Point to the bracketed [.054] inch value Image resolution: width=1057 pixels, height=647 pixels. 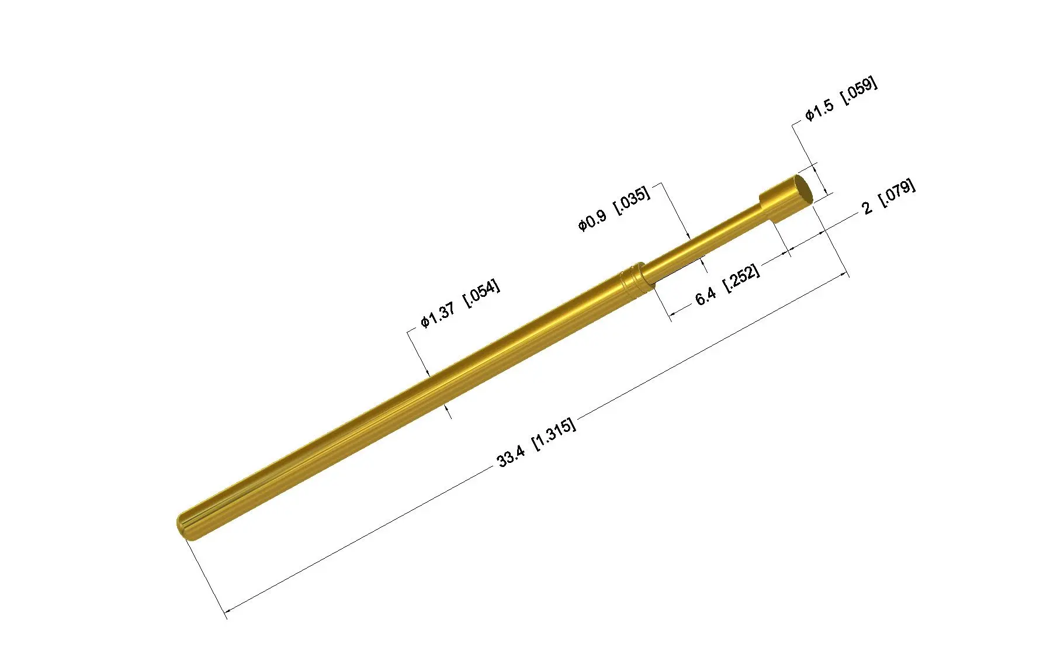(481, 293)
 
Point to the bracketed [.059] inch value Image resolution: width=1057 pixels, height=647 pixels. (858, 91)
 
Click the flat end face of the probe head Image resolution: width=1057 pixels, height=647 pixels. (803, 189)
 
